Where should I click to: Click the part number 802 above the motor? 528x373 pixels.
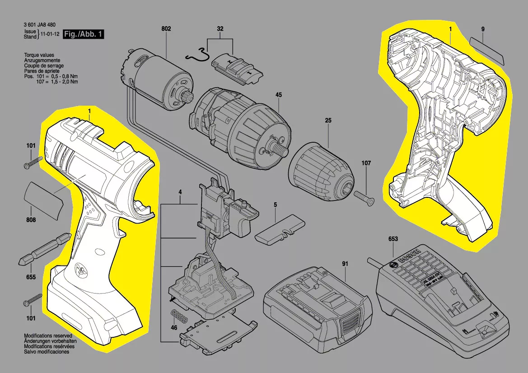click(x=166, y=29)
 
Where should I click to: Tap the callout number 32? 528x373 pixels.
click(x=220, y=29)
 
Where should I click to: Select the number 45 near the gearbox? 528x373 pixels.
click(x=279, y=95)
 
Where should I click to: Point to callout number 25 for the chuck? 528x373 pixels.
click(x=328, y=120)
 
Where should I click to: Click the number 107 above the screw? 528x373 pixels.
click(x=366, y=163)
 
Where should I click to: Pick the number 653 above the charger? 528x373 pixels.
click(x=393, y=239)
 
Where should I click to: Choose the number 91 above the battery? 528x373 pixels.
click(x=345, y=264)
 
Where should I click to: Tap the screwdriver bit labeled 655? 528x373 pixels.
click(x=44, y=249)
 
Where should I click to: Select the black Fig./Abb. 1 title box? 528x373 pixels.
click(x=83, y=34)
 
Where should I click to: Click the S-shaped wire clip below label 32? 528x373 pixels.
click(x=198, y=55)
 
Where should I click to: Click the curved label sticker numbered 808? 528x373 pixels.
click(x=44, y=199)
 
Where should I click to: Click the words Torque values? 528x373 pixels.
click(x=39, y=55)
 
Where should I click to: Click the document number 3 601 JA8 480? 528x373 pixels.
click(x=40, y=24)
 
